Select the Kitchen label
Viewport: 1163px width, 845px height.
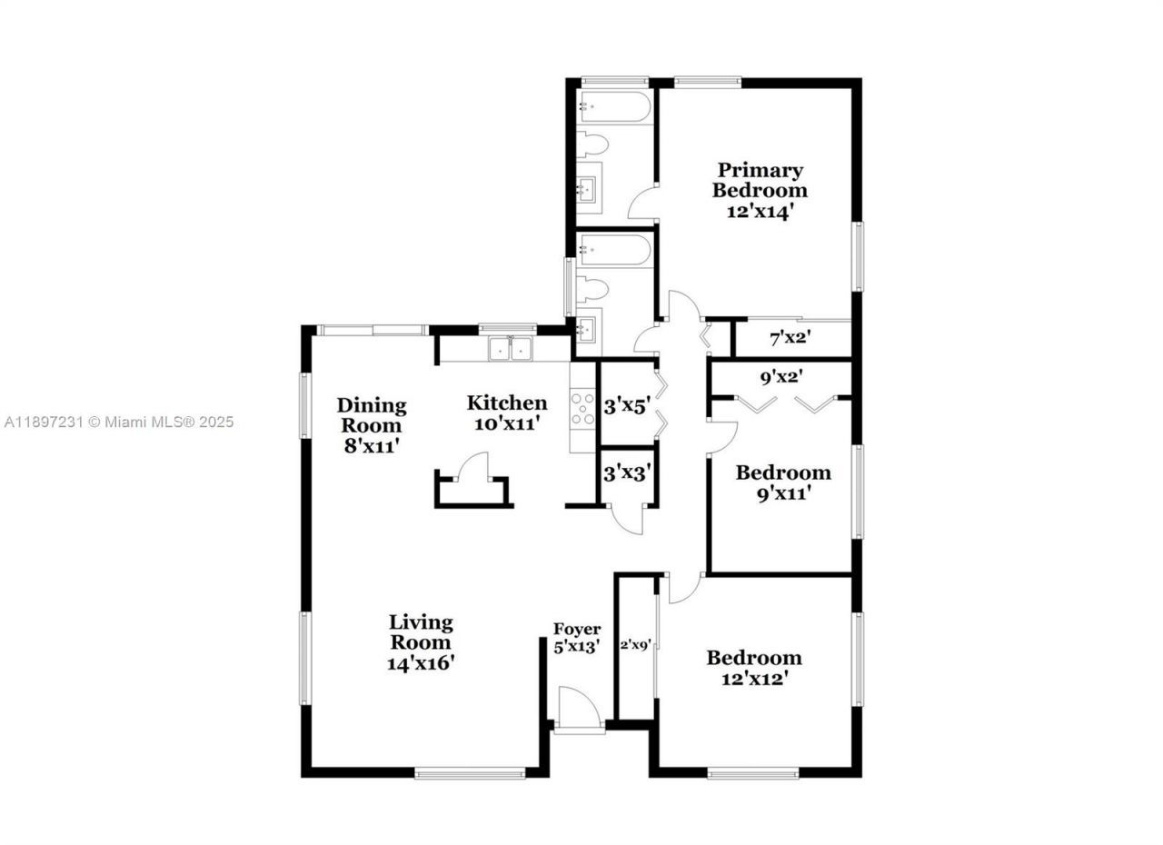coord(507,403)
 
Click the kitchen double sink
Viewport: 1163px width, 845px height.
coord(511,349)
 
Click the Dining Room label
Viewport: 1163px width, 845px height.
coord(371,415)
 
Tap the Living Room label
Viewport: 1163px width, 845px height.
coord(421,632)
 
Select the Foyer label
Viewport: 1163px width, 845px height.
coord(577,629)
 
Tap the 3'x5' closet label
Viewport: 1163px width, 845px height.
coord(626,406)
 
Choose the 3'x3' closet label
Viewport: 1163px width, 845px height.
coord(626,472)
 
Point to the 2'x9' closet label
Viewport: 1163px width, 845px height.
coord(635,646)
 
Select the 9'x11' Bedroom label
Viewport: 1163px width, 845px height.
coord(782,482)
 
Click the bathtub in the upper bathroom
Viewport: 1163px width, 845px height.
coord(614,108)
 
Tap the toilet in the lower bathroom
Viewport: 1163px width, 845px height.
coord(594,290)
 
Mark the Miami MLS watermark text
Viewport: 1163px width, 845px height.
coord(118,422)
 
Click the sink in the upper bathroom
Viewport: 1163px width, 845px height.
coord(585,189)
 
